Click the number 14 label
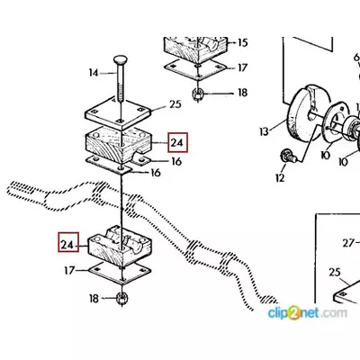[x=94, y=73]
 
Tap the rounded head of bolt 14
[x=121, y=60]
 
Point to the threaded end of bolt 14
[x=121, y=93]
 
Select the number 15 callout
[x=243, y=42]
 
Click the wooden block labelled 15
[x=196, y=48]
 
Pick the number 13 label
[x=264, y=131]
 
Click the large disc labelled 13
[x=303, y=115]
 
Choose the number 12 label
[x=279, y=178]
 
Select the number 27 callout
[x=348, y=243]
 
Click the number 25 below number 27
[x=335, y=272]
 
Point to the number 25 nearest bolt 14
[x=175, y=104]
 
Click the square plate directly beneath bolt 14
[x=118, y=113]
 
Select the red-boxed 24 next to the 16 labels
[x=178, y=142]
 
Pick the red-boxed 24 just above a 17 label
[x=68, y=242]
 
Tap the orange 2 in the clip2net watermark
[x=294, y=313]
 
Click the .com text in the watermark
[x=333, y=313]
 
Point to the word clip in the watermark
[x=279, y=313]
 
